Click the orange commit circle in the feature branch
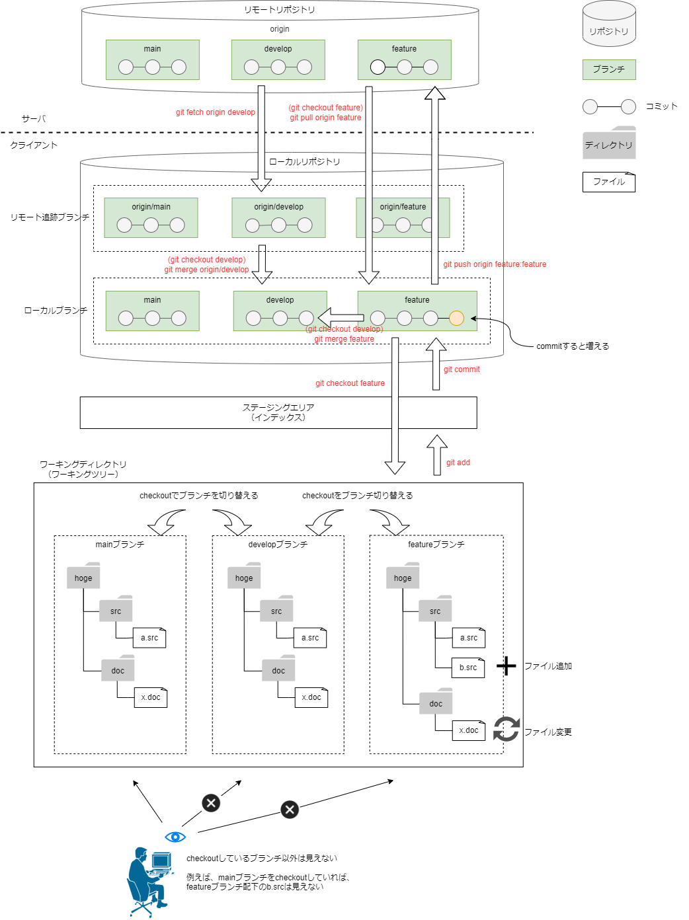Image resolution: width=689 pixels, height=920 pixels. coord(456,318)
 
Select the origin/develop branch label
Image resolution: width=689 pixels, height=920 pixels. coord(278,207)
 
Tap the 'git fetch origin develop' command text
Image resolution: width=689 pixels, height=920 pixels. coord(216,112)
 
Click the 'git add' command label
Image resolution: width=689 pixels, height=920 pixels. coord(458,463)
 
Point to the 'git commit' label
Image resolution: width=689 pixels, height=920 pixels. coord(462,369)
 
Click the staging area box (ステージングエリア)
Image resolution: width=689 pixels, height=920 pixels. coord(278,412)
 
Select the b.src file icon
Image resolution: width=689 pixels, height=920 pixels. coord(468,668)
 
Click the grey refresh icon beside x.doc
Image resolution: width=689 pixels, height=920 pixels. coord(507,729)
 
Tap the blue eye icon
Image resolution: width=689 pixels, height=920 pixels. coord(175,837)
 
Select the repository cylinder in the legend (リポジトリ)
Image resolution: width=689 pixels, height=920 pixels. coord(609,24)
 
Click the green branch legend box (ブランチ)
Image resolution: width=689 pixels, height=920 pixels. coord(609,69)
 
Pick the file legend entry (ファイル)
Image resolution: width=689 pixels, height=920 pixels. coord(609,182)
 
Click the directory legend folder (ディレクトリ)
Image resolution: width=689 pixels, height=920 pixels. coord(609,143)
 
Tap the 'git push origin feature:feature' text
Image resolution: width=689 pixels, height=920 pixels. coord(495,264)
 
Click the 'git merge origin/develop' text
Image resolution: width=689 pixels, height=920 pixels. coord(207,270)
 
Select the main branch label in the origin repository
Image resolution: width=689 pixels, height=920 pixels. coord(152,49)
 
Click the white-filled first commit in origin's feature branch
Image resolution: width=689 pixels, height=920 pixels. coord(378,67)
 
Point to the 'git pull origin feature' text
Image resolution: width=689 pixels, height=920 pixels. coord(325,118)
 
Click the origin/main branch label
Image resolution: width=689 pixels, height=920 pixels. coord(151,207)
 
